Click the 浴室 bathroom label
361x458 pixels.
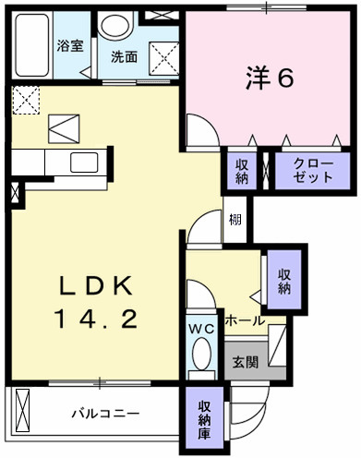pos(70,46)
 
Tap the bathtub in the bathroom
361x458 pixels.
pos(32,45)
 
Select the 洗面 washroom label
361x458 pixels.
pos(124,57)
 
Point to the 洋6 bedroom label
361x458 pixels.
pos(270,78)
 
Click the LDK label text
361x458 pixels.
pos(96,286)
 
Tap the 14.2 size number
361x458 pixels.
pos(95,319)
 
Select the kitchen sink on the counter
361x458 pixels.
pos(84,163)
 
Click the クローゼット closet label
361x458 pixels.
pos(313,170)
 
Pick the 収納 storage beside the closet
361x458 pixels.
pos(242,172)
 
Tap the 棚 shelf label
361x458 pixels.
pos(235,220)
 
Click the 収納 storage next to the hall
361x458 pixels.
pos(284,282)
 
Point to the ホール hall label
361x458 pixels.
pos(245,321)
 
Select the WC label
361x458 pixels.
pos(201,330)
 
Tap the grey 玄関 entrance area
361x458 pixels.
pos(247,360)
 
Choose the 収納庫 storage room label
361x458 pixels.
pos(204,420)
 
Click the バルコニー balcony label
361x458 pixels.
pos(105,413)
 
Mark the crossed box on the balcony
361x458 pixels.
pos(22,411)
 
